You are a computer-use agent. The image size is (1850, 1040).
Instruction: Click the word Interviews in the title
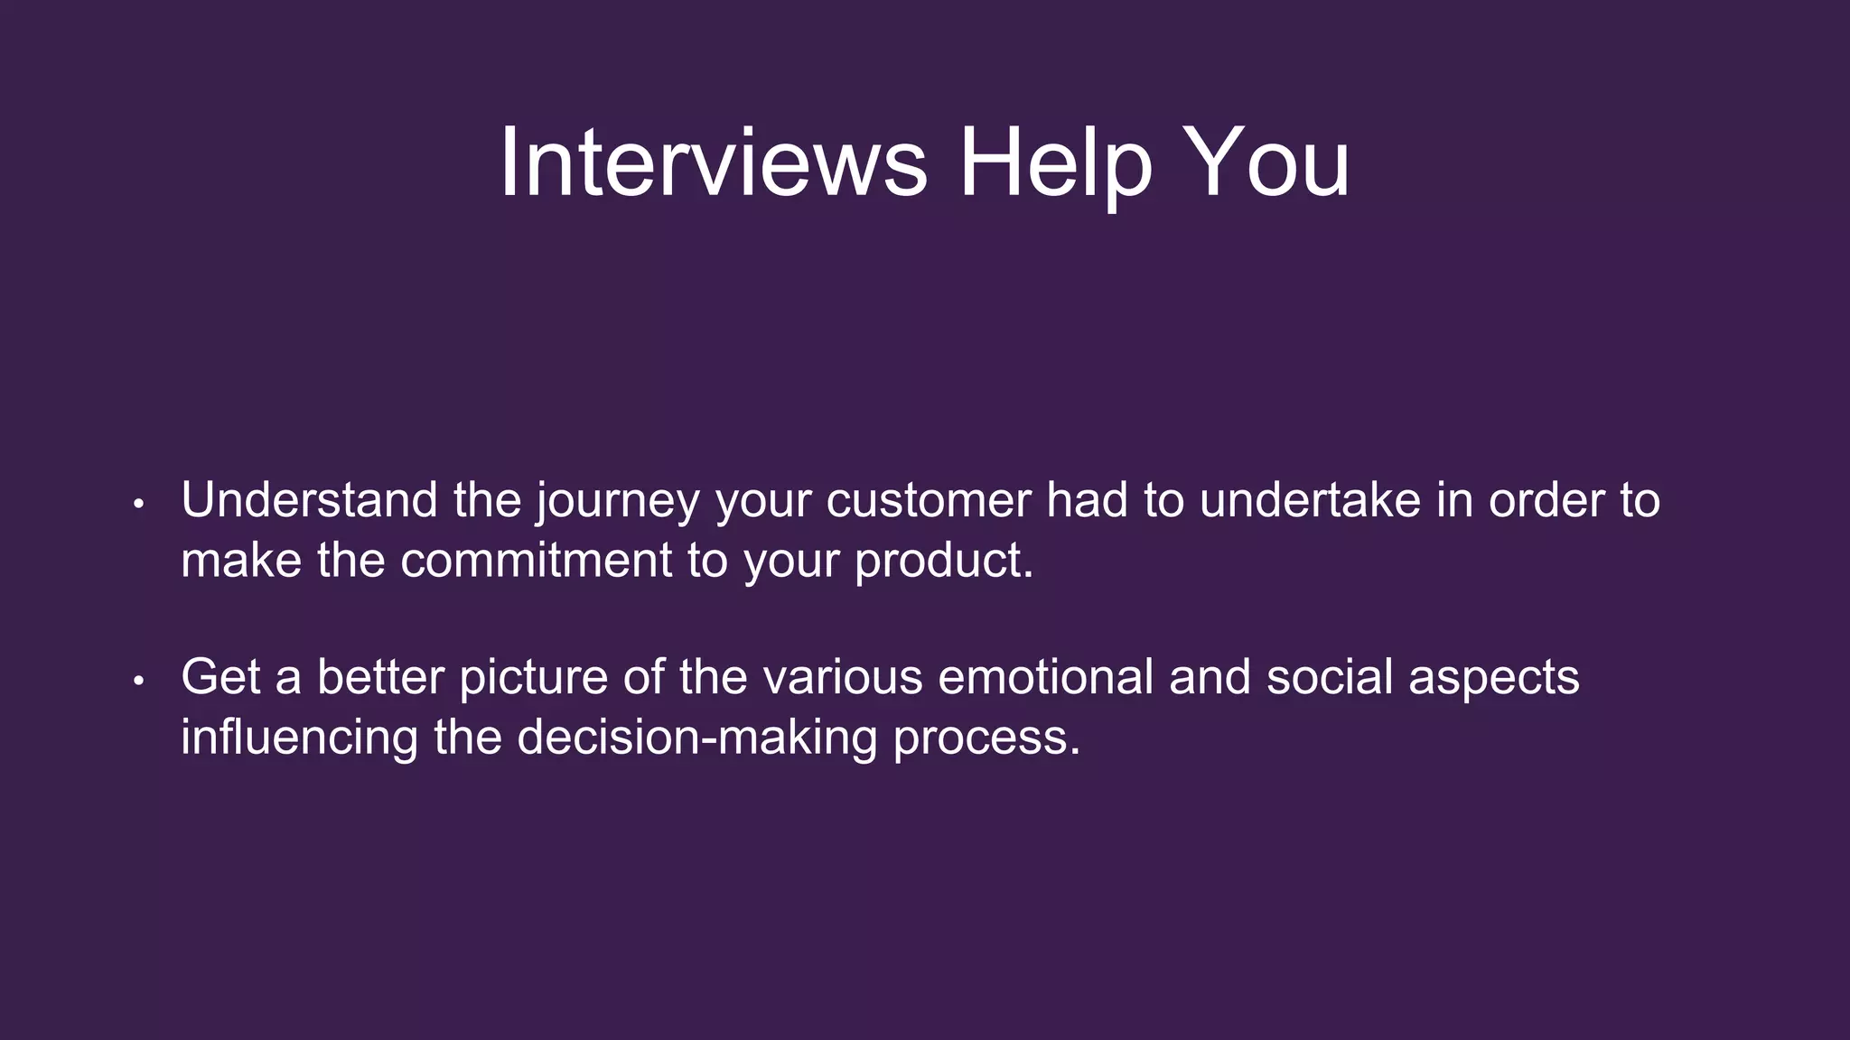(713, 162)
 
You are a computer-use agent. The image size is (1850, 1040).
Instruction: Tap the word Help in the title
(1055, 162)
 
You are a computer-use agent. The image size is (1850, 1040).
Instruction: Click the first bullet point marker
(138, 504)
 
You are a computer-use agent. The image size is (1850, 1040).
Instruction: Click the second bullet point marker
(138, 681)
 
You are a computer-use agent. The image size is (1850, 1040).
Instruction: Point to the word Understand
(309, 500)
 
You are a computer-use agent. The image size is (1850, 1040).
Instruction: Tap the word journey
(617, 502)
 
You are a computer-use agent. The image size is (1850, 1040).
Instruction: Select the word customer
(928, 500)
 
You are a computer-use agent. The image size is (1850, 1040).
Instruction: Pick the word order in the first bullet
(1546, 500)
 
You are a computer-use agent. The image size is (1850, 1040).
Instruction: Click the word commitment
(536, 560)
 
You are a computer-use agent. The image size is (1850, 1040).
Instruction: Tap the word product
(943, 562)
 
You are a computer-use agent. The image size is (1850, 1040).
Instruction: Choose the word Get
(222, 677)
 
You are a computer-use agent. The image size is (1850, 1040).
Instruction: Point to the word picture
(533, 679)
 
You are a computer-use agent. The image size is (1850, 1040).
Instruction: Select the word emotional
(1046, 677)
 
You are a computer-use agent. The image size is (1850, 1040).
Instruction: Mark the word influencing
(299, 738)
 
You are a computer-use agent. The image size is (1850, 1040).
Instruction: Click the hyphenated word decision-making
(696, 738)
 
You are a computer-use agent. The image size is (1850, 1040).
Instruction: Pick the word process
(986, 738)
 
